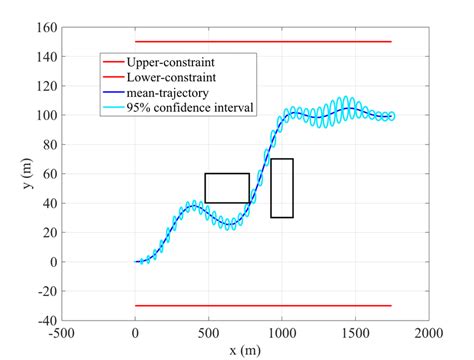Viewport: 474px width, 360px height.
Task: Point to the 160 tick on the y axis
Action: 48,27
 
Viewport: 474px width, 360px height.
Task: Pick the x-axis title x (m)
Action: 245,350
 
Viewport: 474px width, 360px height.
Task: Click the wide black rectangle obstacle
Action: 227,188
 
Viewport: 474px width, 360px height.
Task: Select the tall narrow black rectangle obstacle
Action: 282,188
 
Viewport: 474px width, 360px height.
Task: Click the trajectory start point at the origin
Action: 136,262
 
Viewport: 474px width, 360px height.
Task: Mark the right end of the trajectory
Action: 392,116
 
